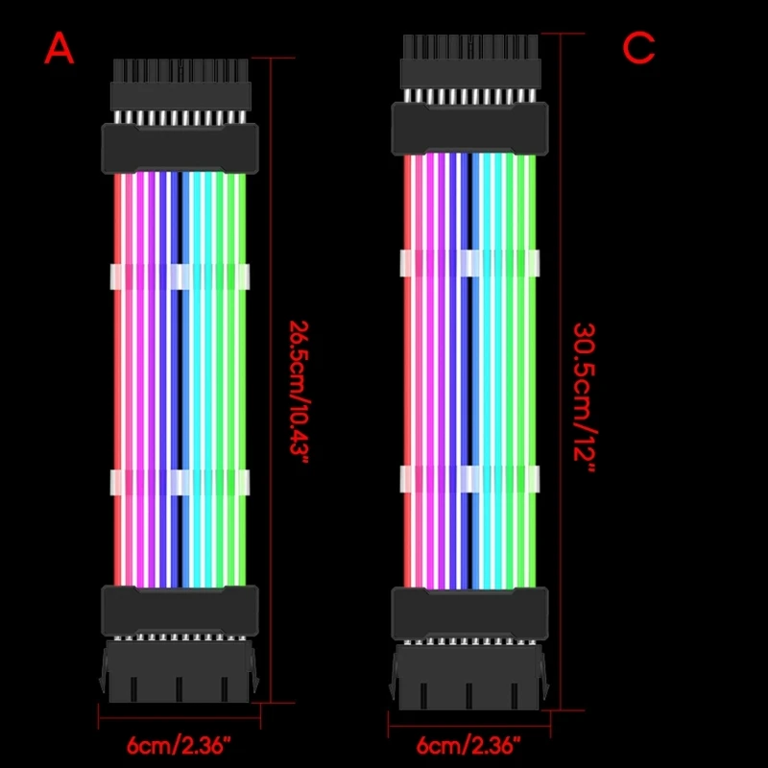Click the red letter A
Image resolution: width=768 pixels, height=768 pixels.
pyautogui.click(x=60, y=47)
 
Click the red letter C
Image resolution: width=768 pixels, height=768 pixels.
pyautogui.click(x=638, y=47)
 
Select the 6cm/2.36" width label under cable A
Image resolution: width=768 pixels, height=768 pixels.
pyautogui.click(x=180, y=744)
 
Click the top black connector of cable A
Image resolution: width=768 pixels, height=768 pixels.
pyautogui.click(x=180, y=84)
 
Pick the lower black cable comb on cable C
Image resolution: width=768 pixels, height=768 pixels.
pyautogui.click(x=468, y=612)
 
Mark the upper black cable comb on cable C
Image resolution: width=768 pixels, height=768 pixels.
pyautogui.click(x=468, y=128)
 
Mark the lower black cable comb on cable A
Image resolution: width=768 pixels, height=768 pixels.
pyautogui.click(x=180, y=609)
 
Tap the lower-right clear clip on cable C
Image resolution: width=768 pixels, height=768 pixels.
pyautogui.click(x=526, y=477)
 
